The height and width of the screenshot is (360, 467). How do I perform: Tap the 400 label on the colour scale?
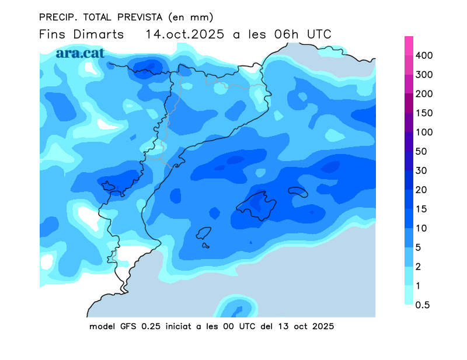424,55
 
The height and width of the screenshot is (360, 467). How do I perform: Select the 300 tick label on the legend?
424,75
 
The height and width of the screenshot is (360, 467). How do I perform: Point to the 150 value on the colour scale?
424,113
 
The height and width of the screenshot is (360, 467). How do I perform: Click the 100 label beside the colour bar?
424,132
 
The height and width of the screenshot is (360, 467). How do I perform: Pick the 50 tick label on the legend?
421,152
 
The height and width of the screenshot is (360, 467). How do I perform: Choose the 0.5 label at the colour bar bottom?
423,305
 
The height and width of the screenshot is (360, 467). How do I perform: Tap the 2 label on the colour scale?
418,267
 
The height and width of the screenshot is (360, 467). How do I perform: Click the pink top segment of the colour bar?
409,46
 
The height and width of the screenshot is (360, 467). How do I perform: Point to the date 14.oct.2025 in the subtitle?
185,34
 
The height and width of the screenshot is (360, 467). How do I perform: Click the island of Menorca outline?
298,192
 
